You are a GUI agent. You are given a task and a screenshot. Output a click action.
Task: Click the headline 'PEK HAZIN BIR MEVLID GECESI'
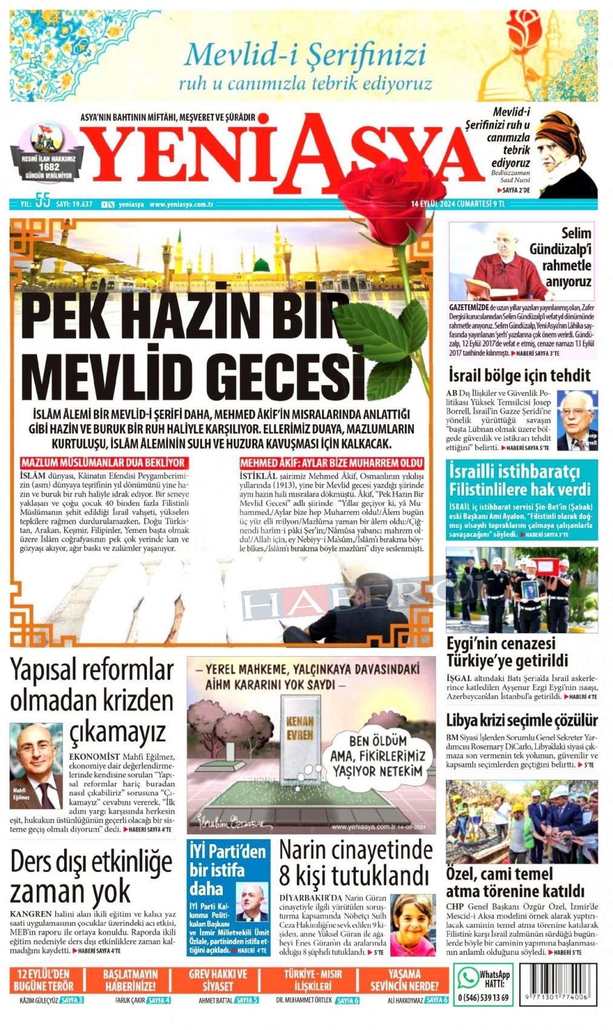194,342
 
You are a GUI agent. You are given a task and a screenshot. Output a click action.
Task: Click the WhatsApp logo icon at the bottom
467,978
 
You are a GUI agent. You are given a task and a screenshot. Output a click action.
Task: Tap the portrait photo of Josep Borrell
576,419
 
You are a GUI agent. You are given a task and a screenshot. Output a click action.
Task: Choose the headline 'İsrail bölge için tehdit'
519,376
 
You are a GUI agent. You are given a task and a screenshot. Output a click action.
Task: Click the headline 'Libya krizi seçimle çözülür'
522,720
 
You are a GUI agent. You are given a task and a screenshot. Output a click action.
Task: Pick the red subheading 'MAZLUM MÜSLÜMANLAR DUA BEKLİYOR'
103,462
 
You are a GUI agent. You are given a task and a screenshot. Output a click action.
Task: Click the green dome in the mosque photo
261,264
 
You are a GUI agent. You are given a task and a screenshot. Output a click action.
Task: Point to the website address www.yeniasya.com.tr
182,204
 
